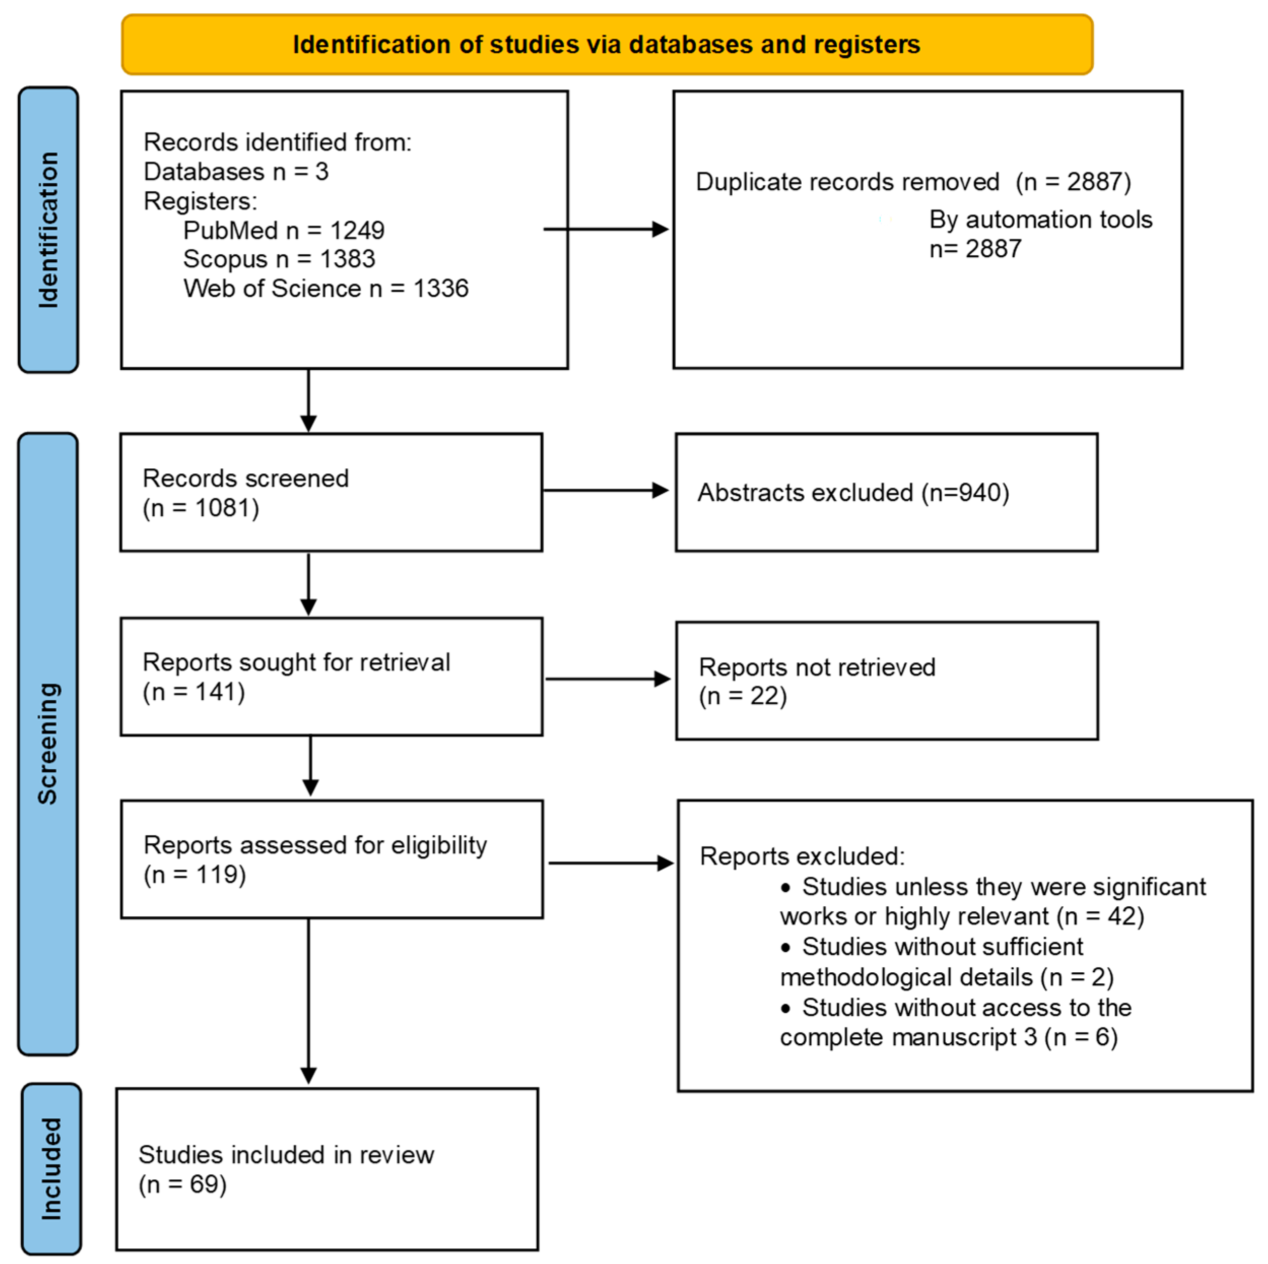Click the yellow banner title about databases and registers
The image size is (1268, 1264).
(x=606, y=45)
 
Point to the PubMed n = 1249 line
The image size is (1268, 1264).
(x=284, y=230)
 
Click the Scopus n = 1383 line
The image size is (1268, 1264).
(x=279, y=259)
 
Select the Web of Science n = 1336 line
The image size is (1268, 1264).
(x=326, y=289)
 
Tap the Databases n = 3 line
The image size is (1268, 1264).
(x=235, y=172)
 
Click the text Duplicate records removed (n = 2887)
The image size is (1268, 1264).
(x=913, y=182)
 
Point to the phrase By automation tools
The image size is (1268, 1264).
(x=1040, y=219)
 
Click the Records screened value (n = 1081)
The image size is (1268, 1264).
(x=201, y=508)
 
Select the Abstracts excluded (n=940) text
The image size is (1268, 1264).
(x=852, y=493)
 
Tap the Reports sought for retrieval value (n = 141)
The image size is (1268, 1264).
(x=194, y=692)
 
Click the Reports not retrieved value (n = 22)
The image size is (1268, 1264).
(x=742, y=696)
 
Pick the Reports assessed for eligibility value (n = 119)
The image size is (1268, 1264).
(x=194, y=874)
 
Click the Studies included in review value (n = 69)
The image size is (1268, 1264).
(x=183, y=1184)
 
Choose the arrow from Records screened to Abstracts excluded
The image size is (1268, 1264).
(x=605, y=490)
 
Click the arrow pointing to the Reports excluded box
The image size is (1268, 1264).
(x=610, y=863)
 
